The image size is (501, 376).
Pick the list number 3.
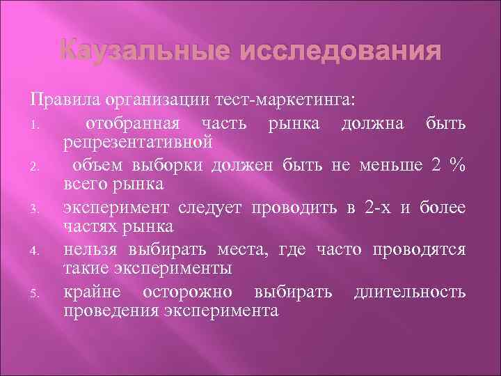point(42,209)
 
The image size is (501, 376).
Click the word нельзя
point(88,250)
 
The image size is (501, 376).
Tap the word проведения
point(110,310)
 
